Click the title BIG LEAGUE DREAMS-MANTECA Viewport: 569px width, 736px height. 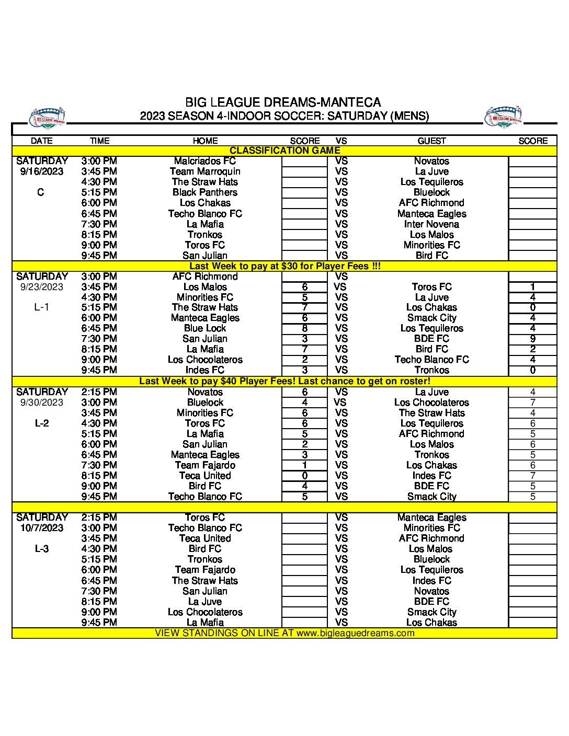283,102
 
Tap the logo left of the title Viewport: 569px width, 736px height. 48,119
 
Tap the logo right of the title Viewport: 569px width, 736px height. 503,118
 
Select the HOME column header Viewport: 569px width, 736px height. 205,141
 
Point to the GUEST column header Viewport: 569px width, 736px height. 431,141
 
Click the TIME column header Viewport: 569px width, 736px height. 99,141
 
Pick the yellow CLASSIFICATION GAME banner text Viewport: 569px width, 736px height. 284,151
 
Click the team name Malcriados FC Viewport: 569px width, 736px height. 205,161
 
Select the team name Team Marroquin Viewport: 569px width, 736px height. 205,171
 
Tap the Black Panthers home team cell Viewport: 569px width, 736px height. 205,192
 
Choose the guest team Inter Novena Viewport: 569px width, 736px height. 431,224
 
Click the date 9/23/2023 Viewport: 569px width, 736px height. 42,287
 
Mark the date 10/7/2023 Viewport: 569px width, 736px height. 42,528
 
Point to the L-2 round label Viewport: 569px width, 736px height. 42,423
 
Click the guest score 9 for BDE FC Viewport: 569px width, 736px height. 532,339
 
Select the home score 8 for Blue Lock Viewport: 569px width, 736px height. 304,328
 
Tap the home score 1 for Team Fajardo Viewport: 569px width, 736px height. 304,465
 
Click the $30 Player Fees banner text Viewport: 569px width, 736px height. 284,266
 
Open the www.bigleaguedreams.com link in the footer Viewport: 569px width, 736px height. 355,633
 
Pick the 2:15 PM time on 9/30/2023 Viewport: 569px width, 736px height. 99,392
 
